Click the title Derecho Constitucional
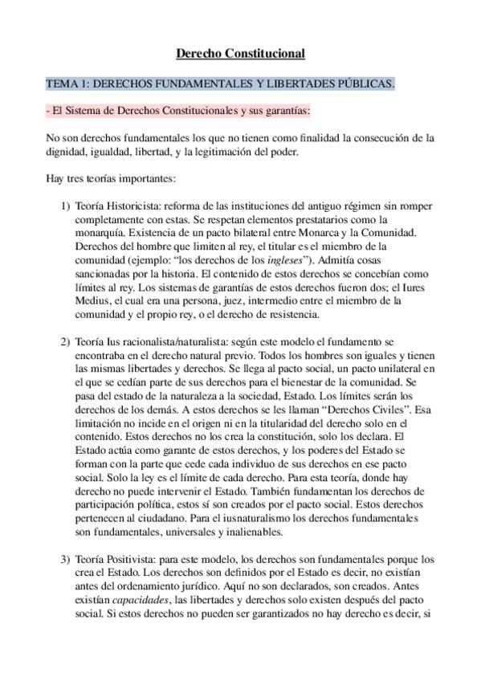tap(240, 55)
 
